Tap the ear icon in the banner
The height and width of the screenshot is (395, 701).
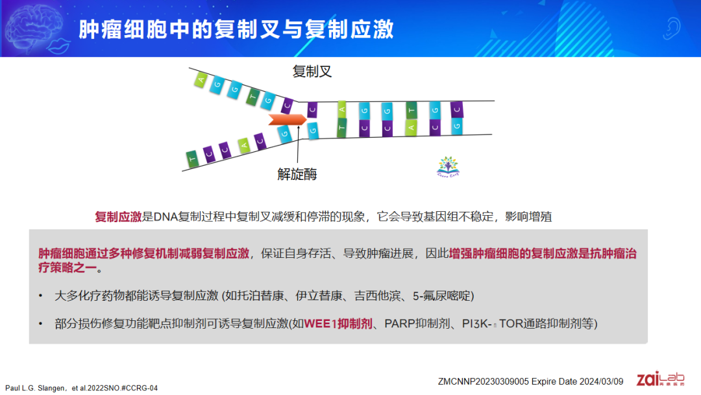point(671,28)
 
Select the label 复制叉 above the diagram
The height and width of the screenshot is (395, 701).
point(312,71)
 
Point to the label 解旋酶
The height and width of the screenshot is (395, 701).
point(297,174)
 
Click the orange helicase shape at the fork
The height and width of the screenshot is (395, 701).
point(288,120)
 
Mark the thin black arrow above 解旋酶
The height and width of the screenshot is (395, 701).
point(298,144)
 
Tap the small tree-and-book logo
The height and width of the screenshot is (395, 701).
point(448,167)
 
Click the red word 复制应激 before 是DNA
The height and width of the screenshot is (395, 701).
point(118,217)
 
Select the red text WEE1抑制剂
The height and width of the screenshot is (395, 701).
point(338,324)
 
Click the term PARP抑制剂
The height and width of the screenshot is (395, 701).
point(417,324)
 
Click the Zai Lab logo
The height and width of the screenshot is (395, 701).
point(660,379)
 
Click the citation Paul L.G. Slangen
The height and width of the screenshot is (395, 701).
point(35,389)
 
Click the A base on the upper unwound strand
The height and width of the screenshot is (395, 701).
point(201,80)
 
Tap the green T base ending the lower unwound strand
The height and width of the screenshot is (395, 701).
point(192,159)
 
